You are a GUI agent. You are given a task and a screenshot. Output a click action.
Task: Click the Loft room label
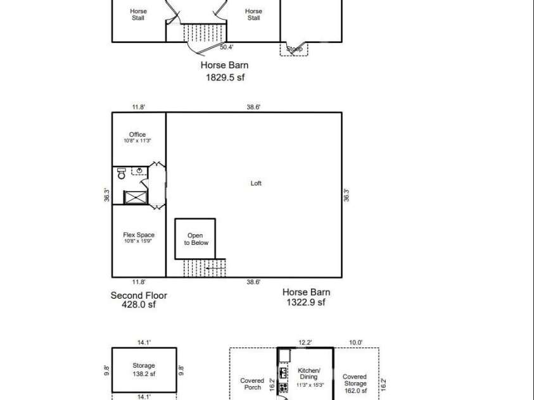(x=256, y=184)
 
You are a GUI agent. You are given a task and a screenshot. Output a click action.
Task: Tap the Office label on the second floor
(x=137, y=134)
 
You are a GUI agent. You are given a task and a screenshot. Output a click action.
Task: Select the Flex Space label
(x=138, y=235)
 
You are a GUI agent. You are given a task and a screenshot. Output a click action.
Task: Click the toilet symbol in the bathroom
(x=121, y=173)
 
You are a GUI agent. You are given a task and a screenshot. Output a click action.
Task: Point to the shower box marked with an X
(x=135, y=197)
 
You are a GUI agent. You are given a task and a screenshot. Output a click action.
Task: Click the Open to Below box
(x=195, y=239)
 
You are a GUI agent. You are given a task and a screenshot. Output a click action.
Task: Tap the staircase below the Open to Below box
(x=204, y=268)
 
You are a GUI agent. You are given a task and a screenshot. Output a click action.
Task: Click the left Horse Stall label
(x=138, y=15)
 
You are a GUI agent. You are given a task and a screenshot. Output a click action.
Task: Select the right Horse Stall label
(x=253, y=15)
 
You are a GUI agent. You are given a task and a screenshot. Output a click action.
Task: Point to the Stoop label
(x=294, y=49)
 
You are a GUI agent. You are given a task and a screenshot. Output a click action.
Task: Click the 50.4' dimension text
(x=227, y=47)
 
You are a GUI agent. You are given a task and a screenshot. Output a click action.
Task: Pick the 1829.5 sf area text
(x=224, y=77)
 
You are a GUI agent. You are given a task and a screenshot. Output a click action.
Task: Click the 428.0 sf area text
(x=139, y=304)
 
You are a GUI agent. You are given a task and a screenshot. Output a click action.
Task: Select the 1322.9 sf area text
(x=306, y=303)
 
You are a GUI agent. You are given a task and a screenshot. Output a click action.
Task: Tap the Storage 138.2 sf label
(x=143, y=370)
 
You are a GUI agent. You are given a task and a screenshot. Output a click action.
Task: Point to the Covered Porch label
(x=252, y=384)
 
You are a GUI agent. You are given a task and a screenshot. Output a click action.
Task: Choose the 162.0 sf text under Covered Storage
(x=355, y=391)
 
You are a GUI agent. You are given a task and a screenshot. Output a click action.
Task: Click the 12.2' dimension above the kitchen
(x=305, y=342)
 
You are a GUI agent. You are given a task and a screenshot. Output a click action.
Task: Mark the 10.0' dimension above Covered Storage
(x=355, y=342)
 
